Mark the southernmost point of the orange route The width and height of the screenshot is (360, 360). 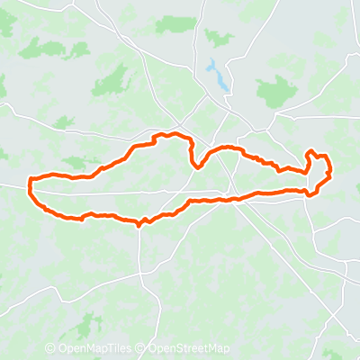click(x=139, y=225)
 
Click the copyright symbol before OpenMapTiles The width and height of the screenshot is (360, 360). click(x=49, y=349)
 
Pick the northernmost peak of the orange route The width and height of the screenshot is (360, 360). click(x=163, y=135)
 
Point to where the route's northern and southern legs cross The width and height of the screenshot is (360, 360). click(x=235, y=198)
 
